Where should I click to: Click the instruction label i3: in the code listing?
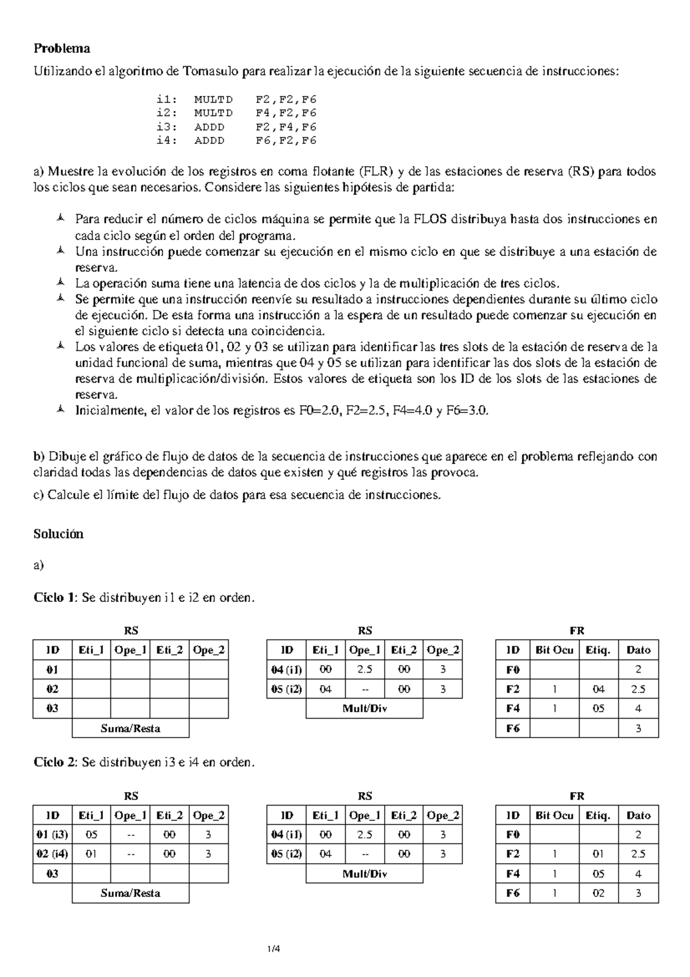tap(167, 127)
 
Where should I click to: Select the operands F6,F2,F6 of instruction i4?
tap(286, 140)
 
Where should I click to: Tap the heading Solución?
tap(59, 534)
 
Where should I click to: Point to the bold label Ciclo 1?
tap(55, 598)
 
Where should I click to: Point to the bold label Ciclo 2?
tap(55, 762)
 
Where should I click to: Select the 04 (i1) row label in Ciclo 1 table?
tap(286, 670)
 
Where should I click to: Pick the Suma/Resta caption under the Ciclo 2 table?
tap(131, 893)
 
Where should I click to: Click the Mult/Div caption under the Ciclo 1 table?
tap(365, 708)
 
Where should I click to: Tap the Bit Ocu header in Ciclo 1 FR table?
tap(554, 650)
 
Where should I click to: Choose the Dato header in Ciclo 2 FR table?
tap(638, 815)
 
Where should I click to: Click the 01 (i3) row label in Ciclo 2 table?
tap(52, 835)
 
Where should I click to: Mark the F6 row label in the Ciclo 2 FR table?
tap(513, 894)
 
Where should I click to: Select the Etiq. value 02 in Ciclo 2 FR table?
tap(599, 894)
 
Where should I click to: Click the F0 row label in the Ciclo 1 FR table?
tap(513, 670)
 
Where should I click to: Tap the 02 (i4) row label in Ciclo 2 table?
tap(52, 854)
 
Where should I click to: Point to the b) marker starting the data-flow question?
tap(39, 457)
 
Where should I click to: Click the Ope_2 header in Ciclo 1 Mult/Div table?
tap(443, 650)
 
